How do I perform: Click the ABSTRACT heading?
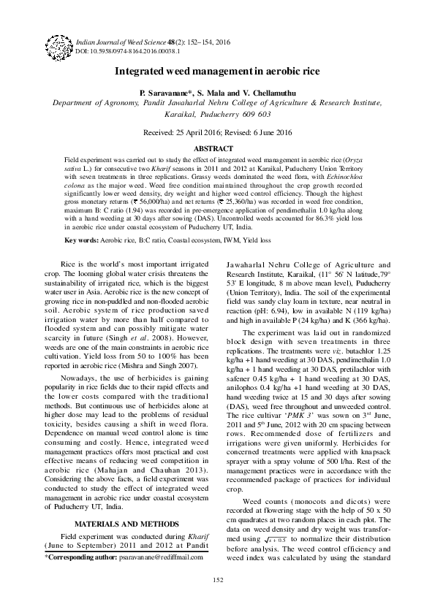217,148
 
